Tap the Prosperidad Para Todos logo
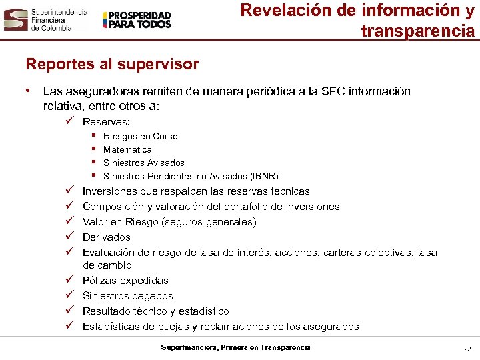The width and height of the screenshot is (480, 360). click(137, 20)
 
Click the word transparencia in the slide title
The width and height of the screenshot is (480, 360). click(418, 31)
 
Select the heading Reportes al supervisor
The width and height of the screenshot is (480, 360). click(112, 64)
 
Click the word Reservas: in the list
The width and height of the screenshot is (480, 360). click(107, 121)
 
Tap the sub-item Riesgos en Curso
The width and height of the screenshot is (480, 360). click(140, 136)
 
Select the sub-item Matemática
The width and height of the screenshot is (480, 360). click(127, 149)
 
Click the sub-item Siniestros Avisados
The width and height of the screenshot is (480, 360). click(143, 163)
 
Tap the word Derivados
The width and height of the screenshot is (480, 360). click(106, 237)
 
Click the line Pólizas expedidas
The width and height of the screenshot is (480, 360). click(125, 281)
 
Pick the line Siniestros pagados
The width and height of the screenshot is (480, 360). click(127, 296)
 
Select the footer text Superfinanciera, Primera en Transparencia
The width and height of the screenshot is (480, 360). click(235, 347)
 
